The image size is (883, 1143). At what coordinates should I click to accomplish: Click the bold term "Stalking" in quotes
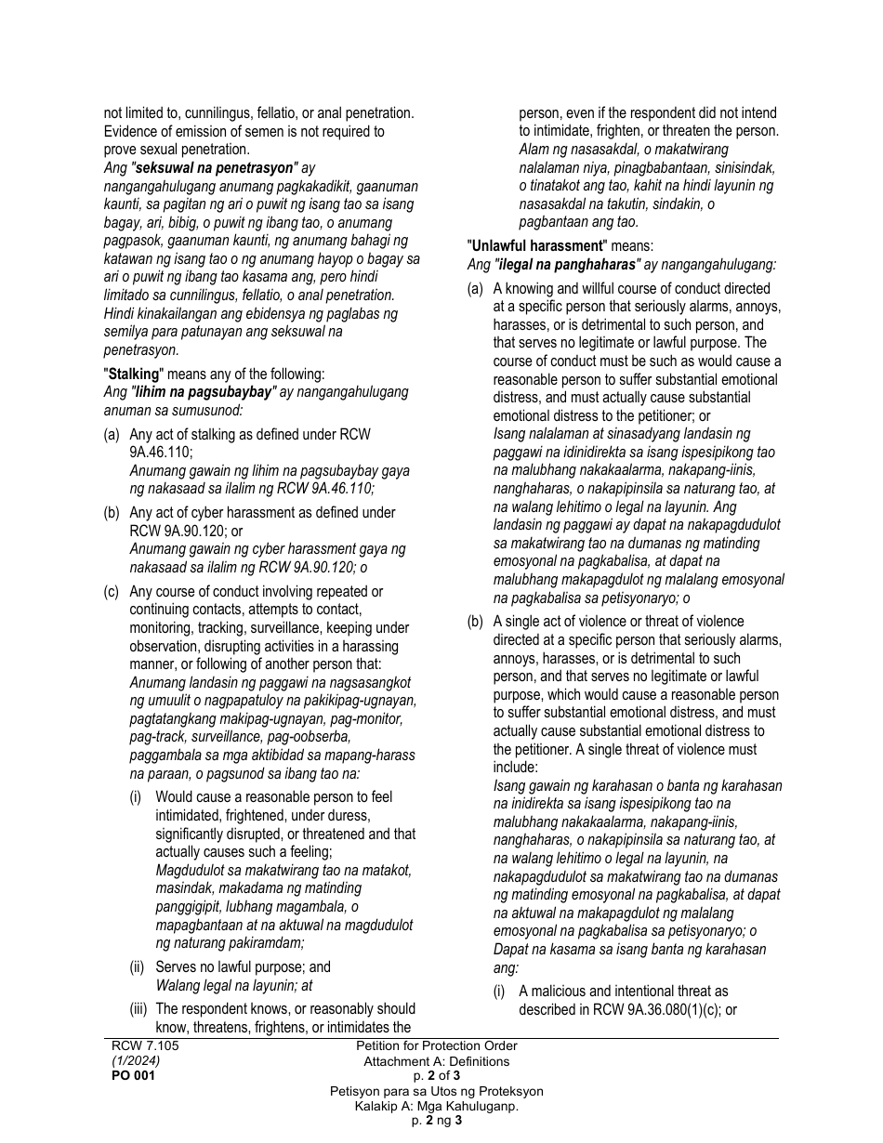134,374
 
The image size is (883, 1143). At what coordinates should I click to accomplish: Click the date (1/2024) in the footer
136,1060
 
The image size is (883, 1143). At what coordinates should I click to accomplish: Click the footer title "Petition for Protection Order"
436,1046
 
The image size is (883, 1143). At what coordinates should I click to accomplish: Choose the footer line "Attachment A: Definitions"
436,1061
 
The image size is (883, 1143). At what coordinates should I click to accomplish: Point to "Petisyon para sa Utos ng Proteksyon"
436,1091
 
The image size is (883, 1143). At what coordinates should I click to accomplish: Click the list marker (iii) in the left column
139,1009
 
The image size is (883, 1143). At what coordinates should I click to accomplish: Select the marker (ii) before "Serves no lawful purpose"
138,967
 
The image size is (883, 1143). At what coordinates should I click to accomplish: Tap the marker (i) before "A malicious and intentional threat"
499,992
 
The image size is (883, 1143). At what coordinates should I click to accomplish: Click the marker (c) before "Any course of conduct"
112,592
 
